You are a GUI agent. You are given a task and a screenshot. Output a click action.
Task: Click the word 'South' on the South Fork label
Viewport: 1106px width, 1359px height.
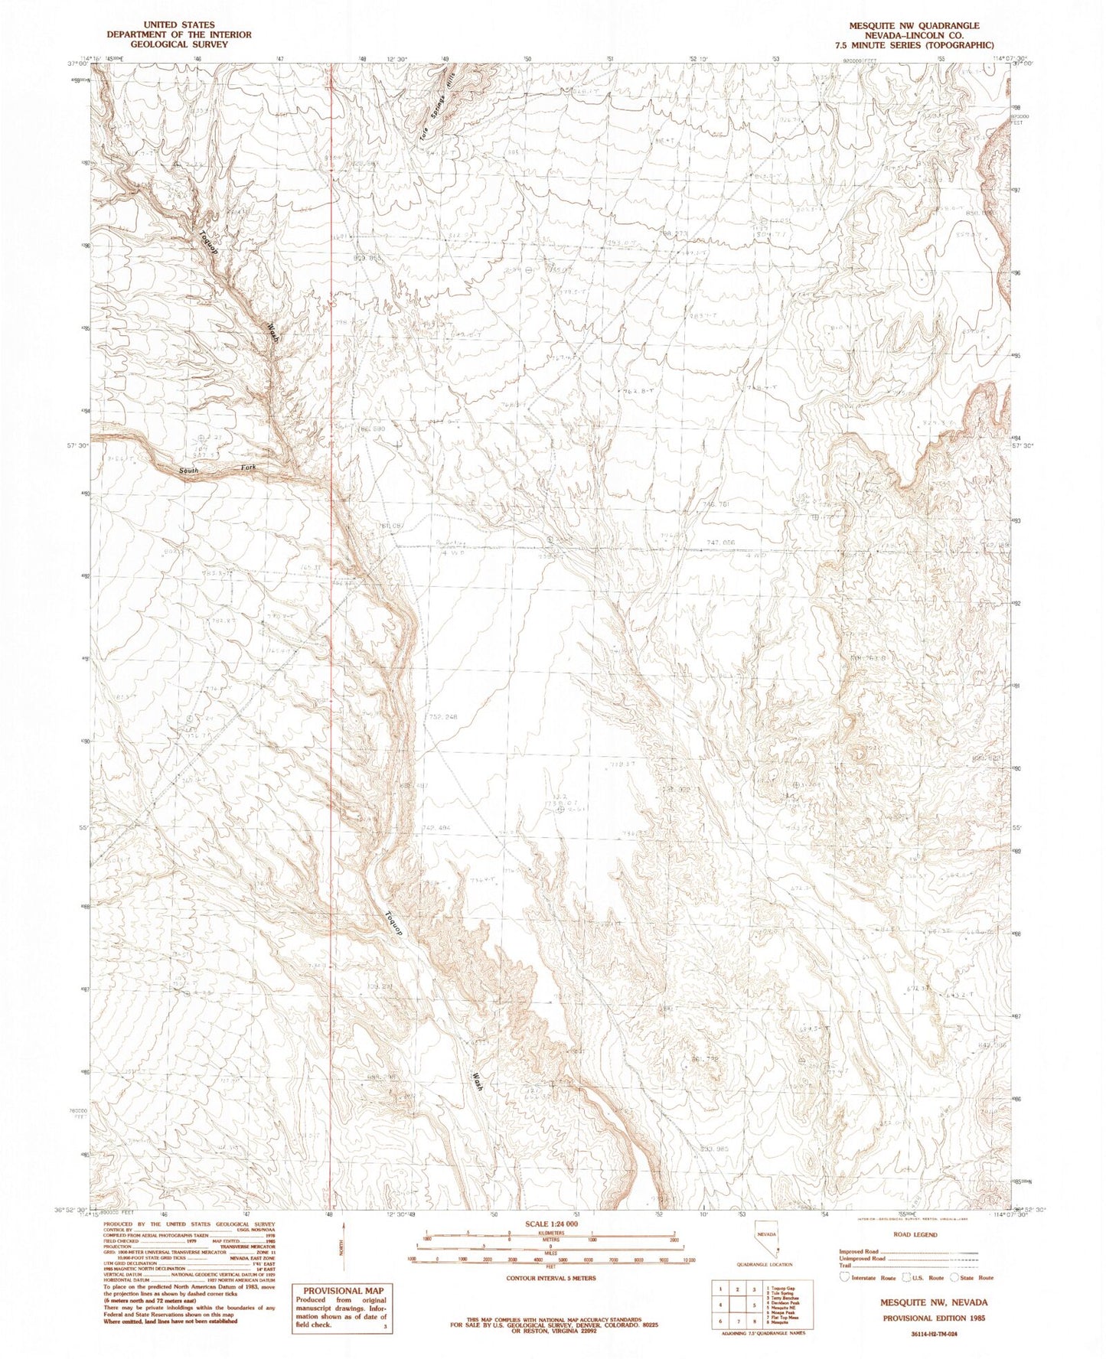click(189, 471)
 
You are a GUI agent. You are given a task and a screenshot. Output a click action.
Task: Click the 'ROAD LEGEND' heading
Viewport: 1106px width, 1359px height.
click(914, 1235)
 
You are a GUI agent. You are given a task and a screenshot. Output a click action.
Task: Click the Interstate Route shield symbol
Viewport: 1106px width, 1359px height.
click(844, 1277)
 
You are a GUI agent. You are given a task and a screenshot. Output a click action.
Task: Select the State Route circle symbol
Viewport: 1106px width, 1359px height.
click(955, 1277)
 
